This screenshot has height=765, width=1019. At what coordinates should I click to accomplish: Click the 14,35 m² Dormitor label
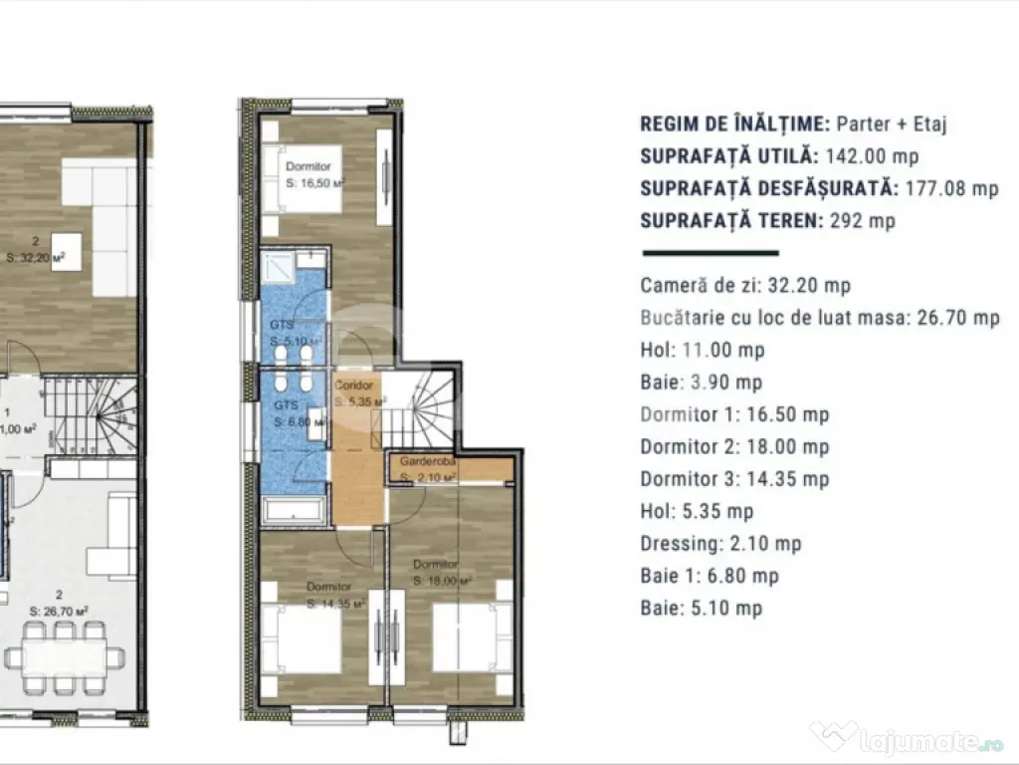(x=335, y=595)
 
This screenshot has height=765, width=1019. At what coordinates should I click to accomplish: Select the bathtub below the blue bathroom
(x=293, y=511)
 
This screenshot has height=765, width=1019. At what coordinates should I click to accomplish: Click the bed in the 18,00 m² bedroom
(x=472, y=637)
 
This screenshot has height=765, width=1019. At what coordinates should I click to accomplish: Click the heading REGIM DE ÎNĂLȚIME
(x=734, y=125)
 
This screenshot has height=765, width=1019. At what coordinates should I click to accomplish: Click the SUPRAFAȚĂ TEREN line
(x=767, y=220)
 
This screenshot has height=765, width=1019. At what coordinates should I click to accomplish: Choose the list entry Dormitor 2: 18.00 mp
(x=734, y=447)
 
